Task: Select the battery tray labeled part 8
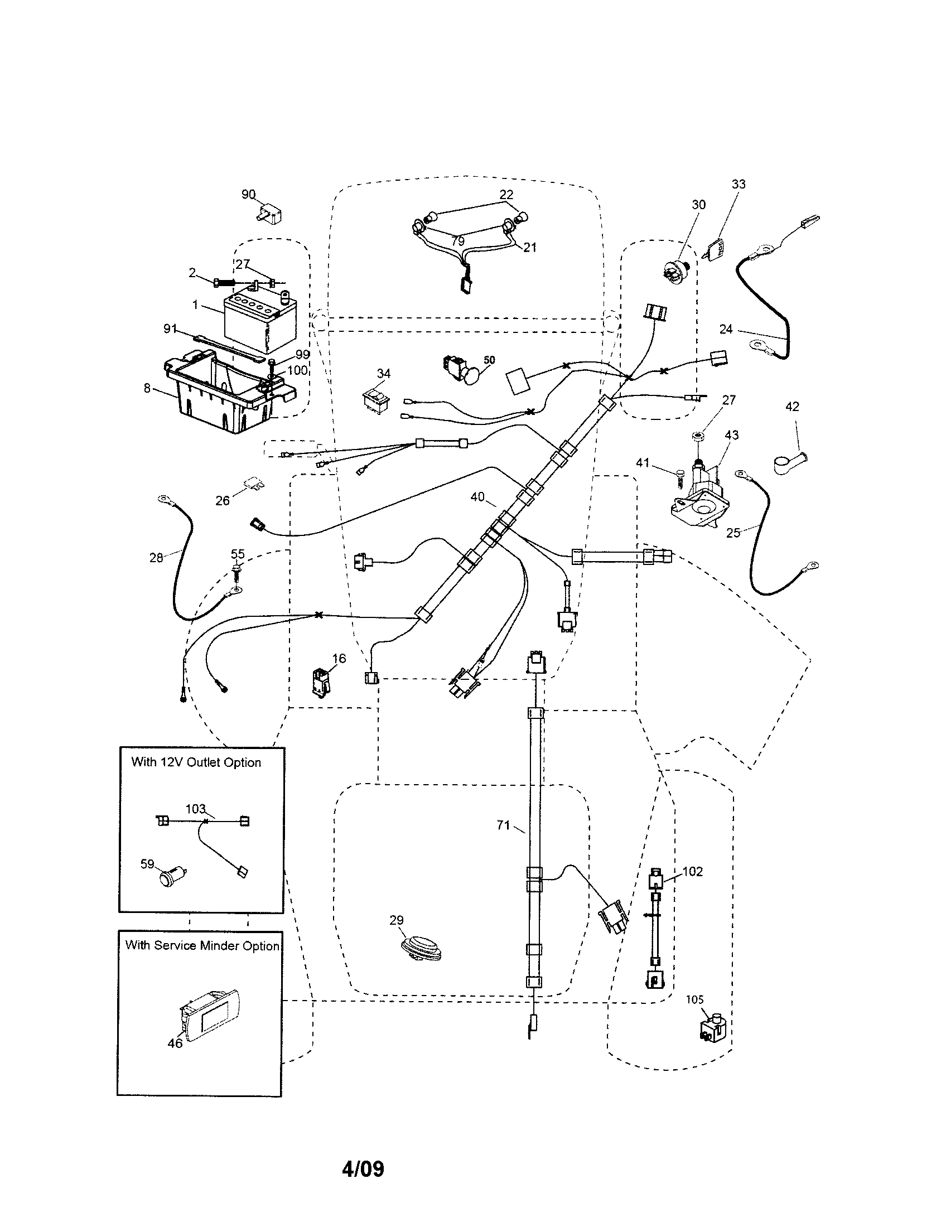pyautogui.click(x=225, y=393)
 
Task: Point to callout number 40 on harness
pyautogui.click(x=477, y=496)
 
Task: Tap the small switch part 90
pyautogui.click(x=269, y=214)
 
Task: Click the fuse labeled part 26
pyautogui.click(x=253, y=484)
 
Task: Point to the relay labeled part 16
pyautogui.click(x=321, y=682)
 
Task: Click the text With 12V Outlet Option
pyautogui.click(x=196, y=762)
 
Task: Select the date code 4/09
pyautogui.click(x=363, y=1169)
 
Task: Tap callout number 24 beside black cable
pyautogui.click(x=726, y=329)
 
